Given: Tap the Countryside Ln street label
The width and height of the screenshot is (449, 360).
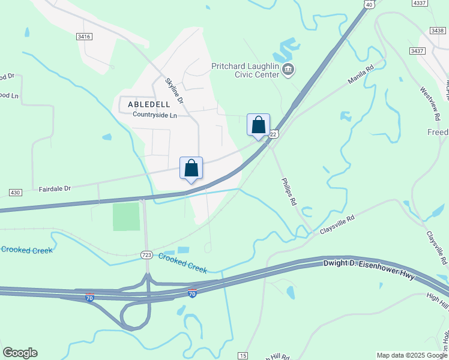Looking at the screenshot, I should coord(155,115).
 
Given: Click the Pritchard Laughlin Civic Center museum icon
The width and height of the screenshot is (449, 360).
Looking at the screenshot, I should coord(288,70).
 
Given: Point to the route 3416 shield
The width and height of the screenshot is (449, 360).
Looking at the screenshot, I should coord(84,37).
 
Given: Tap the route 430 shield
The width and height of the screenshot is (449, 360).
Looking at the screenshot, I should coord(16,192).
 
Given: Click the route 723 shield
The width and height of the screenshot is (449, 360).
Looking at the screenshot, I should coord(146,255).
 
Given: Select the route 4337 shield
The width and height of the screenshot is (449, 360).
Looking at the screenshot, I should coord(420,3).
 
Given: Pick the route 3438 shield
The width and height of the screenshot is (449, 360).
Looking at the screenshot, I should coord(438,30).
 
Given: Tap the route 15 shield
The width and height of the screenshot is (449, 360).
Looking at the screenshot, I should coord(243,356).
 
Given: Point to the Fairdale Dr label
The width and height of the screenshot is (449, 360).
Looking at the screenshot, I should coord(55,188).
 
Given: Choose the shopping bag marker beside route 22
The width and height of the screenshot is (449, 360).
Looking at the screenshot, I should coord(259,125).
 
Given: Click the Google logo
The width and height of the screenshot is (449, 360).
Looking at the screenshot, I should coord(20,353).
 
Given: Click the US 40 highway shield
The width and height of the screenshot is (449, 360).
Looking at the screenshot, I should coord(369,4).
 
